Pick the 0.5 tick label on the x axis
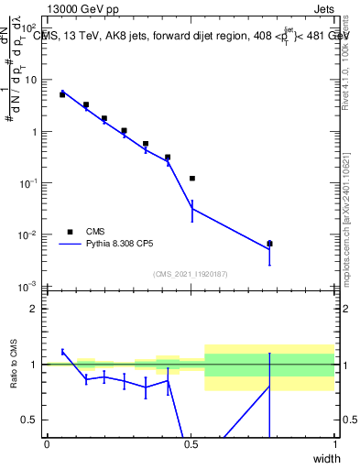coord(191,444)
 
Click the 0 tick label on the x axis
coord(47,444)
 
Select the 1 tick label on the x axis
coord(335,444)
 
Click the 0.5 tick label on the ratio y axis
coord(31,420)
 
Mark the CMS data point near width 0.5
coord(192,179)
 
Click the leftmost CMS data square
coord(62,94)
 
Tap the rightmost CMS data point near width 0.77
coord(269,244)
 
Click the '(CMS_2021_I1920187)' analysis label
coord(191,274)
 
